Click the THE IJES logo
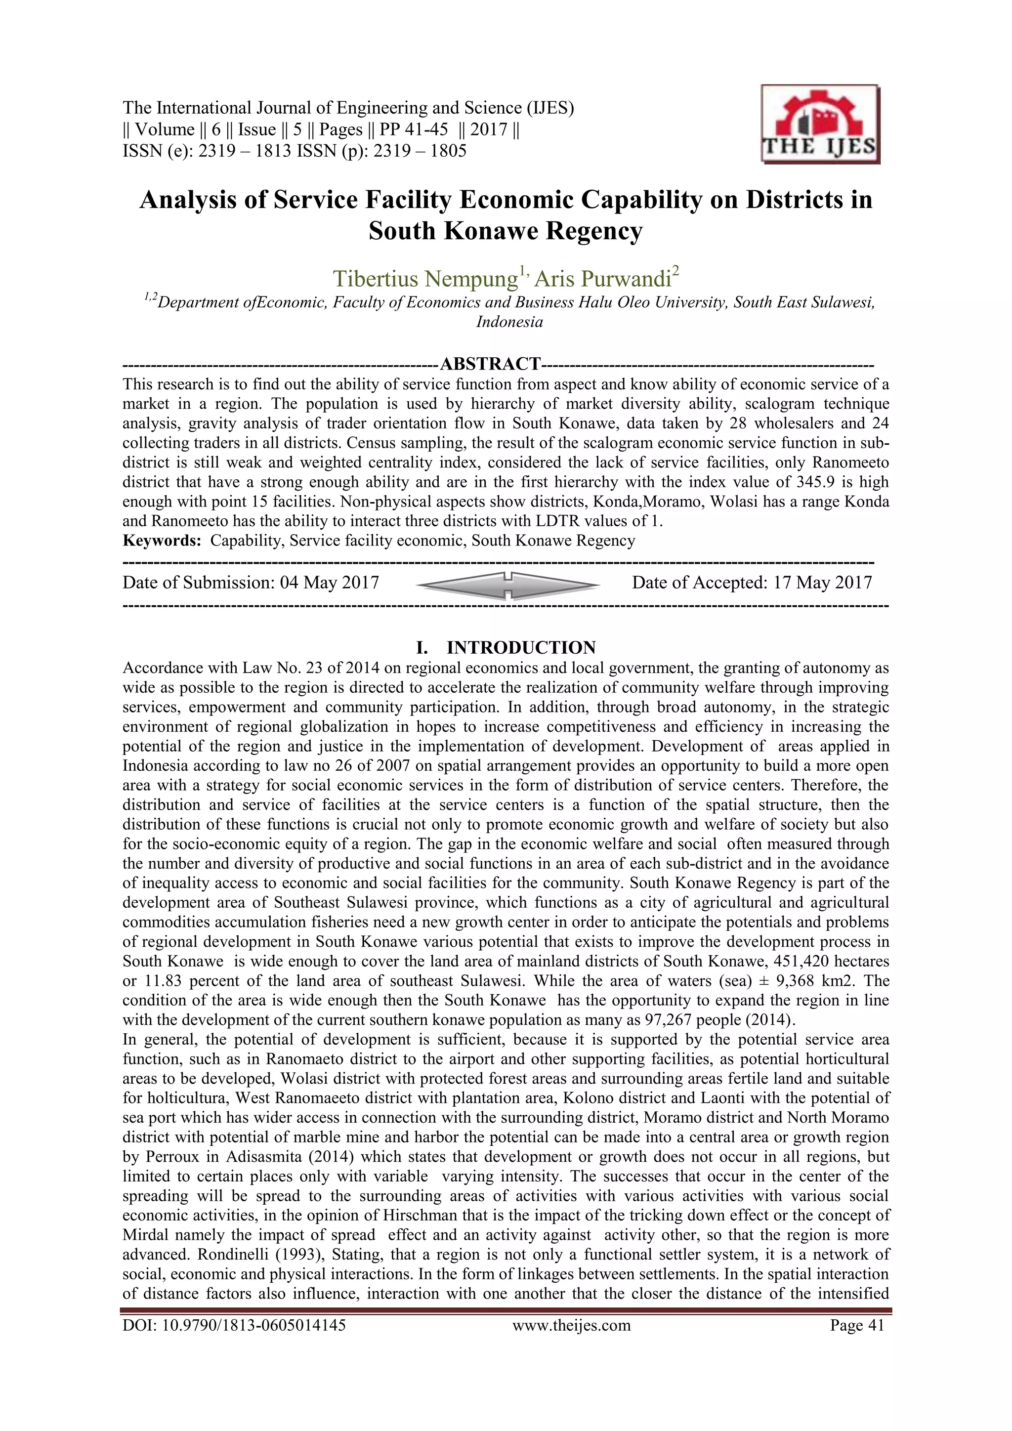(820, 125)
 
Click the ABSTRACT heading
(490, 363)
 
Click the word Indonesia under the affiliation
(509, 322)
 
